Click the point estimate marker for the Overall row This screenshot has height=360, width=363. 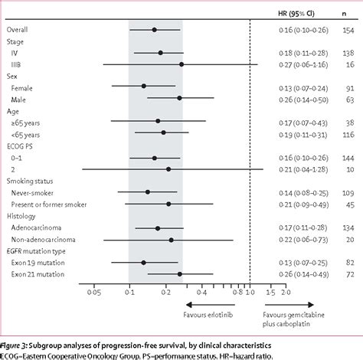pos(154,30)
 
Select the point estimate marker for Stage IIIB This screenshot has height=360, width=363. pos(181,64)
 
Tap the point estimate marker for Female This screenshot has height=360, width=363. pos(143,87)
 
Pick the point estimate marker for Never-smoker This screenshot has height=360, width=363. pos(148,192)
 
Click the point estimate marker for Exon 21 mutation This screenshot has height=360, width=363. pos(180,273)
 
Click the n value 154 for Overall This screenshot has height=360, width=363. pos(348,30)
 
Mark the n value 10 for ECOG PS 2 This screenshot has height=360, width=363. pos(351,169)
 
